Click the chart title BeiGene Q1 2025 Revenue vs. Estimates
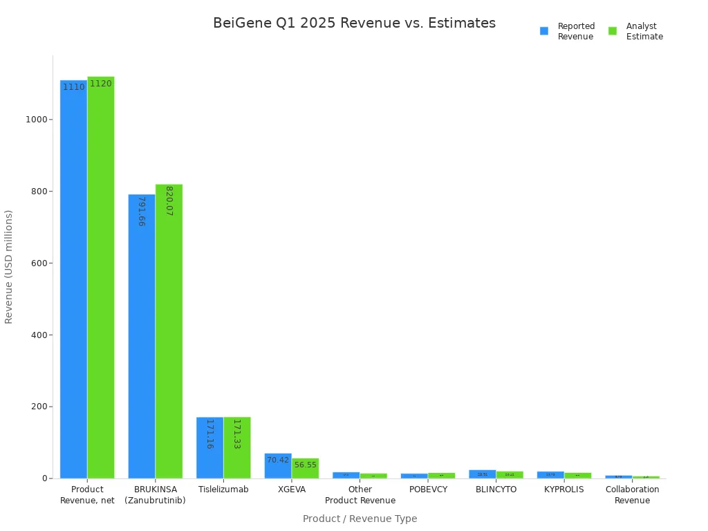[354, 24]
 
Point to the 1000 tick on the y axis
[37, 120]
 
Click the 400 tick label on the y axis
[37, 335]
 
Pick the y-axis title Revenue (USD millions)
[9, 267]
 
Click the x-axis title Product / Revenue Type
[360, 519]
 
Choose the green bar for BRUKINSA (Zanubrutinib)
[169, 331]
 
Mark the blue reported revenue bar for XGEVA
[278, 466]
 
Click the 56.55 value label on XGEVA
[305, 465]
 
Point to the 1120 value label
[101, 84]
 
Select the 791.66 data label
[141, 212]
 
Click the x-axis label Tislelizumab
[223, 490]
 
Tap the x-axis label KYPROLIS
[563, 490]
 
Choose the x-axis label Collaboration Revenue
[632, 495]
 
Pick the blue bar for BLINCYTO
[482, 474]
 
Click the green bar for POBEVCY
[441, 476]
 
